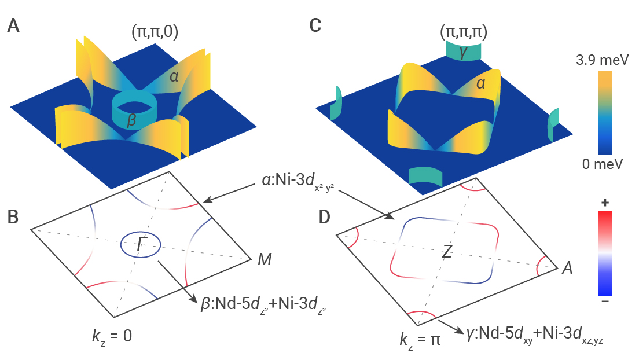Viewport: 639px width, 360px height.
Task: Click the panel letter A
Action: click(x=13, y=25)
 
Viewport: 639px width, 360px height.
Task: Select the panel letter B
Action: click(x=13, y=217)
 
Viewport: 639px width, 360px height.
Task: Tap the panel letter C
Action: click(x=315, y=25)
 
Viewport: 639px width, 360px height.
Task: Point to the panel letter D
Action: click(x=324, y=217)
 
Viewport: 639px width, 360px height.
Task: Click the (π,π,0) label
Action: click(x=155, y=32)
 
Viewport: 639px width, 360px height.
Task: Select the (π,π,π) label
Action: click(x=464, y=32)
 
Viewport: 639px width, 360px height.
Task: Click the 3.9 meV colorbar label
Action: click(x=603, y=60)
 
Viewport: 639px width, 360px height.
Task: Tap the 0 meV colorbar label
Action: click(x=603, y=164)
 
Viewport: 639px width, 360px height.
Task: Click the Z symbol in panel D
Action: click(x=447, y=252)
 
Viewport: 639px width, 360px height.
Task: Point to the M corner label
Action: click(x=265, y=259)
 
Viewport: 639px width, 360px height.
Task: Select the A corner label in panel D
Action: click(x=567, y=268)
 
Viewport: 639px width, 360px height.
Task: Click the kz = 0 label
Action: click(x=112, y=336)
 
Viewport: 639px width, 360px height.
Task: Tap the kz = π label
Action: click(x=420, y=340)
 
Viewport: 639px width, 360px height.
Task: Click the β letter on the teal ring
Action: click(x=131, y=121)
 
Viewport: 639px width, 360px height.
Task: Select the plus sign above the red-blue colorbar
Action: click(x=605, y=203)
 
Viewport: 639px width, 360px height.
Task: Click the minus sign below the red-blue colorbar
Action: click(x=605, y=302)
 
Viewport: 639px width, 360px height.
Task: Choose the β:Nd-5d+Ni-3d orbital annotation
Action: click(x=263, y=304)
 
